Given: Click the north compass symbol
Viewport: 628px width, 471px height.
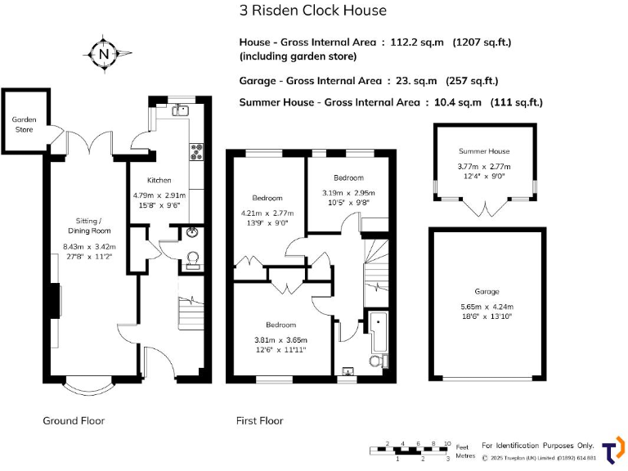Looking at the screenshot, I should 102,55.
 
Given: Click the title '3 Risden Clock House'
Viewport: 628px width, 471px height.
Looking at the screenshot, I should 313,11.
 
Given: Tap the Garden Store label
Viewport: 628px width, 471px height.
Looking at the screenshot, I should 24,123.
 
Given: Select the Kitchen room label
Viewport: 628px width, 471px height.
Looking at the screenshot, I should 159,180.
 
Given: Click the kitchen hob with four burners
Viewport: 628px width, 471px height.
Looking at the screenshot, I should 197,150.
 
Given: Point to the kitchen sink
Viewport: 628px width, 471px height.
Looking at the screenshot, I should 181,110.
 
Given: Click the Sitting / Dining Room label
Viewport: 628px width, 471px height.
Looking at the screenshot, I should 89,227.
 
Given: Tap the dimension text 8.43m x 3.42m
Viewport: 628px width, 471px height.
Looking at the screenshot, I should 89,248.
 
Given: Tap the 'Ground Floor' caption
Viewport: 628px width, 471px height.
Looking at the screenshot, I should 74,420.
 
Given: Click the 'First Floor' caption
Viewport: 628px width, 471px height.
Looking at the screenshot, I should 259,420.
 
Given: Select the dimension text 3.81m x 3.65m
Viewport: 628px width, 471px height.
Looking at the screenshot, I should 280,340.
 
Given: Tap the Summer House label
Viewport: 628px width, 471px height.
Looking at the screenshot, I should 484,151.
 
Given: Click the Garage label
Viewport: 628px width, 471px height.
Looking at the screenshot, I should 487,291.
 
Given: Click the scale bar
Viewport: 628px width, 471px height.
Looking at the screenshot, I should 409,450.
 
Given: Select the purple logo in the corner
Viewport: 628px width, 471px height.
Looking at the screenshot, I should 612,451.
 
